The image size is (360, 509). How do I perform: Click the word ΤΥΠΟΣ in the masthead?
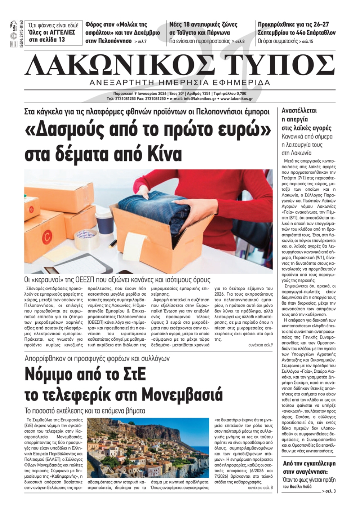coord(280,65)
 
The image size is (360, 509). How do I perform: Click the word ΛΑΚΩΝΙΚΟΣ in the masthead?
coord(119,65)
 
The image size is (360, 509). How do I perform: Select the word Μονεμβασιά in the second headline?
coord(183,395)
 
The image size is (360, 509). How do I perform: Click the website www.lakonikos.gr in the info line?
coord(237,99)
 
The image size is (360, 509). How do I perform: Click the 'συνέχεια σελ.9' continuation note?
coord(260,345)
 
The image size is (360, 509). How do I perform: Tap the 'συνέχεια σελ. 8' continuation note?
coord(260,488)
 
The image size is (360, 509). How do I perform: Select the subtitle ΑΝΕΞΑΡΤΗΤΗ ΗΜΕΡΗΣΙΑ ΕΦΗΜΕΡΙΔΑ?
coord(180,82)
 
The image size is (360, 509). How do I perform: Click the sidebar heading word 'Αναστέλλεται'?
coord(299,111)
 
